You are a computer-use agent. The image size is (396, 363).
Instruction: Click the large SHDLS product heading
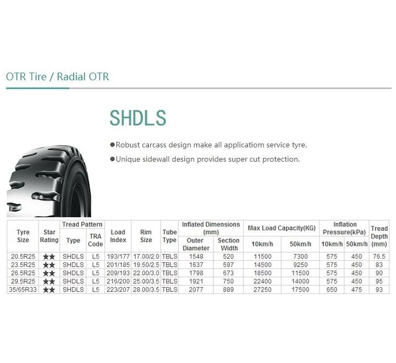tap(138, 118)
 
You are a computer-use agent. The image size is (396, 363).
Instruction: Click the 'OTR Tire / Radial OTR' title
tap(57, 77)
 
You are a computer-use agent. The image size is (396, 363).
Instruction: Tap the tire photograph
tap(49, 181)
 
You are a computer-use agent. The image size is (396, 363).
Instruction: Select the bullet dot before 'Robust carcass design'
tap(112, 145)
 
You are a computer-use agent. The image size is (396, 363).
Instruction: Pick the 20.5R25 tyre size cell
tap(23, 256)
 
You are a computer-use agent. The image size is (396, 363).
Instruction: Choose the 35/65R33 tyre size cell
tap(23, 289)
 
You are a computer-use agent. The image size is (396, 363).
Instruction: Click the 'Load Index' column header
tap(118, 236)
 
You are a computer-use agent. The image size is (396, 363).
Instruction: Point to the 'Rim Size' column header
tap(146, 236)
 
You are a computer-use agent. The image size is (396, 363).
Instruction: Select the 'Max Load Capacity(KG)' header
tap(282, 228)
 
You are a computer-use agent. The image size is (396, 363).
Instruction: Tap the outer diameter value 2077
tap(196, 289)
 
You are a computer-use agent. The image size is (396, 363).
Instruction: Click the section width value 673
tap(228, 273)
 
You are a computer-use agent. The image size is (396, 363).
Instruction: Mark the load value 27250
tap(262, 289)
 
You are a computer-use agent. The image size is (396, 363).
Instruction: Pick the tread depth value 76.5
tap(379, 256)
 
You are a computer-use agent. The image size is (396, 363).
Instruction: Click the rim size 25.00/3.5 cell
tap(146, 281)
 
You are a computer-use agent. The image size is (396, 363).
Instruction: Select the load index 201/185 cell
tap(118, 265)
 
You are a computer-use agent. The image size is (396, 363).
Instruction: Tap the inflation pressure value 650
tap(332, 289)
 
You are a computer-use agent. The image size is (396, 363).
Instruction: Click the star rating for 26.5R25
tap(49, 273)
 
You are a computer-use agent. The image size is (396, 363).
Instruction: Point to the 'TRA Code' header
tap(96, 240)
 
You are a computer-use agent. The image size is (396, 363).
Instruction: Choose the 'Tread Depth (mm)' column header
tap(379, 236)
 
